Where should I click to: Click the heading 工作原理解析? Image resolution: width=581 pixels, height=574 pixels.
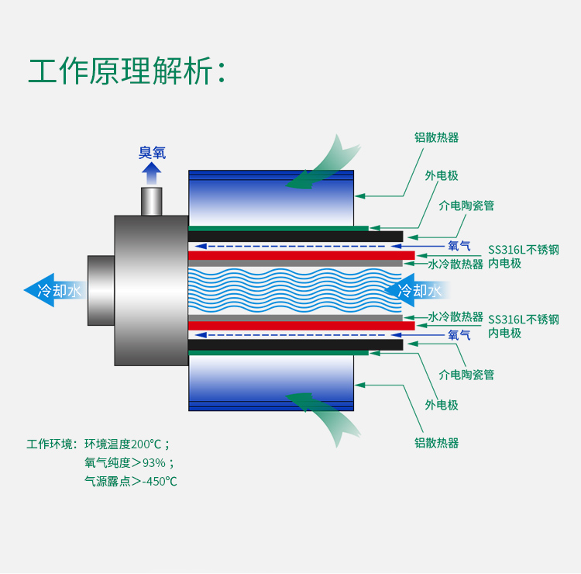(x=128, y=71)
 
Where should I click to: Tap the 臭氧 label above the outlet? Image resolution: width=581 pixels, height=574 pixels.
(x=152, y=153)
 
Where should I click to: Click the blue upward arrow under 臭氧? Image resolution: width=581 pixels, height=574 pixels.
(x=152, y=173)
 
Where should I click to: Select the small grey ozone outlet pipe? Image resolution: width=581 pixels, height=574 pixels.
(x=152, y=201)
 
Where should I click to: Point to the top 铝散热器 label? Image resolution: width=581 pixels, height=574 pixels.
(x=436, y=137)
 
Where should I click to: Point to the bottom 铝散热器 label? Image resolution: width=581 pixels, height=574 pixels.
(x=436, y=443)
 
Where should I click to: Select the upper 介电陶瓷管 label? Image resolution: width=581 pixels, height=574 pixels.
(x=466, y=206)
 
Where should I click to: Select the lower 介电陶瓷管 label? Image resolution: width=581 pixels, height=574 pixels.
(x=466, y=375)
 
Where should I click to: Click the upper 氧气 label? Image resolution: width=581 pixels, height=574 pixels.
(x=459, y=246)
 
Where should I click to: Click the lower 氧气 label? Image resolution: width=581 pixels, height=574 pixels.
(x=459, y=335)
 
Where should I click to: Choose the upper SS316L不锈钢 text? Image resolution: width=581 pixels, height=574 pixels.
(x=523, y=250)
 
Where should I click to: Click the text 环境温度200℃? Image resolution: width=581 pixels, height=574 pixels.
(x=127, y=444)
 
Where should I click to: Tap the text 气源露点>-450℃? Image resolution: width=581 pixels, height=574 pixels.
(x=131, y=481)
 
